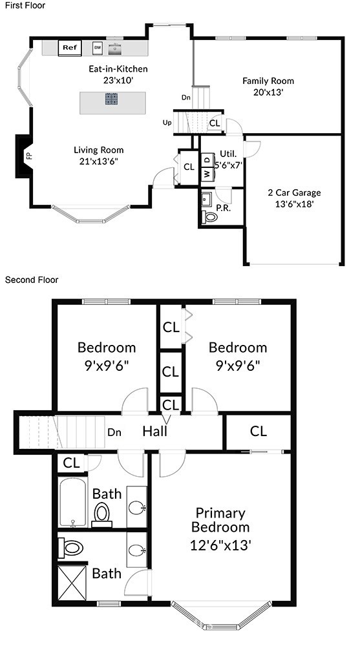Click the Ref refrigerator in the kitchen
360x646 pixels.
click(x=70, y=47)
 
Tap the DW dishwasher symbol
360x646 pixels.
click(x=98, y=47)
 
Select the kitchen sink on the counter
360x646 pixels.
click(x=116, y=48)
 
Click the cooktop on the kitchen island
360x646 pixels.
click(x=111, y=99)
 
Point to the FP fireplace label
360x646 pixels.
click(x=28, y=156)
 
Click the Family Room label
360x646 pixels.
click(x=268, y=81)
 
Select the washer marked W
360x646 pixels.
click(x=207, y=174)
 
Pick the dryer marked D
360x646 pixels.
click(x=207, y=159)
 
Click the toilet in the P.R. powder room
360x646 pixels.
click(x=211, y=216)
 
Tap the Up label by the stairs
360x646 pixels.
click(x=167, y=122)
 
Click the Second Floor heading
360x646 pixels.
click(x=32, y=280)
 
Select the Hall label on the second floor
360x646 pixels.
click(x=154, y=432)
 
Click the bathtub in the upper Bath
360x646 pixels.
click(x=72, y=502)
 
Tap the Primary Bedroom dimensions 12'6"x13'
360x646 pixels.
click(x=220, y=545)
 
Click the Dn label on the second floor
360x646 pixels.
click(x=114, y=432)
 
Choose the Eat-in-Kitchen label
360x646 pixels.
click(x=118, y=69)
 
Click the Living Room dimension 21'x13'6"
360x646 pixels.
click(x=99, y=161)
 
